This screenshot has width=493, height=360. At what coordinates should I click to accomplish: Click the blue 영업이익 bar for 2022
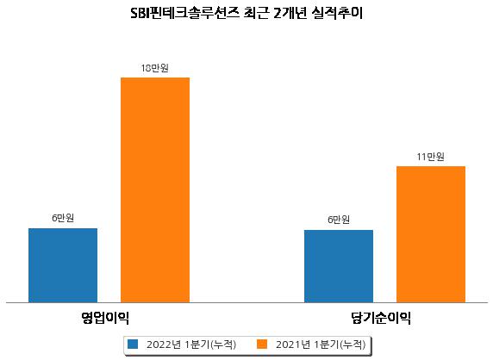(x=63, y=265)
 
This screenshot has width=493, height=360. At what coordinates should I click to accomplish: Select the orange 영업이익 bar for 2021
(x=155, y=190)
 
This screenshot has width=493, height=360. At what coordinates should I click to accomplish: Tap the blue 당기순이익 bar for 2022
(x=339, y=266)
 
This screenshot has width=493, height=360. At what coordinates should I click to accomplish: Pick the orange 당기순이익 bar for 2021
(x=431, y=234)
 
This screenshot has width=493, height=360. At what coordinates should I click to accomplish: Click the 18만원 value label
(x=154, y=68)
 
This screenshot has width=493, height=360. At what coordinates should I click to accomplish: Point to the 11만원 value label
(x=430, y=157)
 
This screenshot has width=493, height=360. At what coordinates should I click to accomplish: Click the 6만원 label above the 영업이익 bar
(x=63, y=218)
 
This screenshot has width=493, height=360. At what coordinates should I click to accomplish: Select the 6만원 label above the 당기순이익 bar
(x=339, y=220)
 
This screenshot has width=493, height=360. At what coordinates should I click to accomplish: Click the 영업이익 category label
(x=105, y=318)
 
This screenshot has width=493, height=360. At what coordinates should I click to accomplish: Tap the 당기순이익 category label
(x=381, y=318)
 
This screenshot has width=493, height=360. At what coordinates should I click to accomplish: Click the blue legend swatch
(x=133, y=344)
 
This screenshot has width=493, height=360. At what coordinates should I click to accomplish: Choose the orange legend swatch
(x=262, y=344)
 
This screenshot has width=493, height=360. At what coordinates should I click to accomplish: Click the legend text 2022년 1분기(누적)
(x=191, y=344)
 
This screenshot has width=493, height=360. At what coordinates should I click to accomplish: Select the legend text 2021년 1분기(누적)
(x=321, y=344)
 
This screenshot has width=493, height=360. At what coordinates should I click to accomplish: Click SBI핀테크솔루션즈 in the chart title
(x=185, y=14)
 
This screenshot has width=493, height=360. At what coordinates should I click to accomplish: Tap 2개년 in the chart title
(x=290, y=14)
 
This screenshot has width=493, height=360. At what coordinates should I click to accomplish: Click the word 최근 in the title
(x=257, y=14)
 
